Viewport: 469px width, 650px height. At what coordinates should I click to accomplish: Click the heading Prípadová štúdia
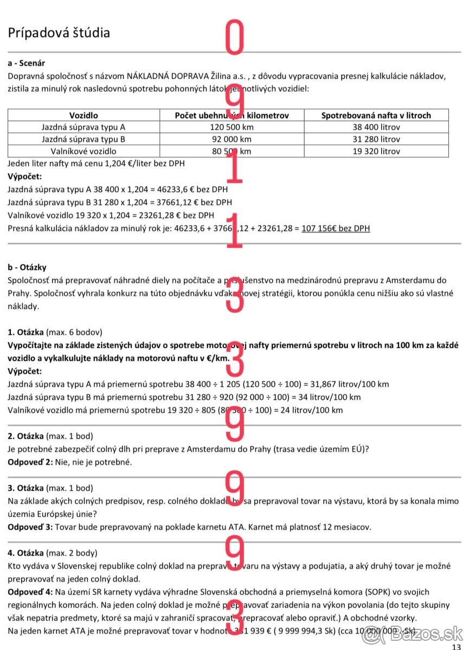tap(59, 32)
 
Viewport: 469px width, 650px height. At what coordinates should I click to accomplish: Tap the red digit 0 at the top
tap(234, 37)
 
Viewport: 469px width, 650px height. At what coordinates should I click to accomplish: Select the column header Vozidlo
tap(83, 115)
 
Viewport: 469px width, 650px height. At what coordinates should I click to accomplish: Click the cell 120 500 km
tap(232, 127)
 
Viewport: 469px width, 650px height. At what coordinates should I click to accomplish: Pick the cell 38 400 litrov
tap(376, 127)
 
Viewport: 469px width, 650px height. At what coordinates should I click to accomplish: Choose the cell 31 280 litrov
tap(376, 139)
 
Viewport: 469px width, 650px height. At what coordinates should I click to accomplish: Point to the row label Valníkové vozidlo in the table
tap(83, 152)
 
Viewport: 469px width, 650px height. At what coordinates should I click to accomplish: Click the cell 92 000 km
tap(232, 139)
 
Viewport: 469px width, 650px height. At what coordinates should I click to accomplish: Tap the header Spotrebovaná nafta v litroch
tap(376, 115)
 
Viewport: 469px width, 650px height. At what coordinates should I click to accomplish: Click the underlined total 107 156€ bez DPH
tap(336, 228)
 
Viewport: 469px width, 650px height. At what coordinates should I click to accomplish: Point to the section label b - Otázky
tap(27, 267)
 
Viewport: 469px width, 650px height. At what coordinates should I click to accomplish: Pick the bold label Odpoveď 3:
tap(30, 527)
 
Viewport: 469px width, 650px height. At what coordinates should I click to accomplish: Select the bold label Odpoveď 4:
tap(30, 592)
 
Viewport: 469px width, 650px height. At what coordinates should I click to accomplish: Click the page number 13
tap(456, 646)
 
